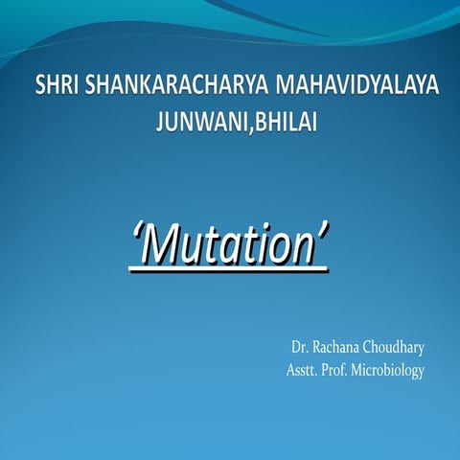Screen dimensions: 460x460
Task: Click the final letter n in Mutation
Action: (x=303, y=249)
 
